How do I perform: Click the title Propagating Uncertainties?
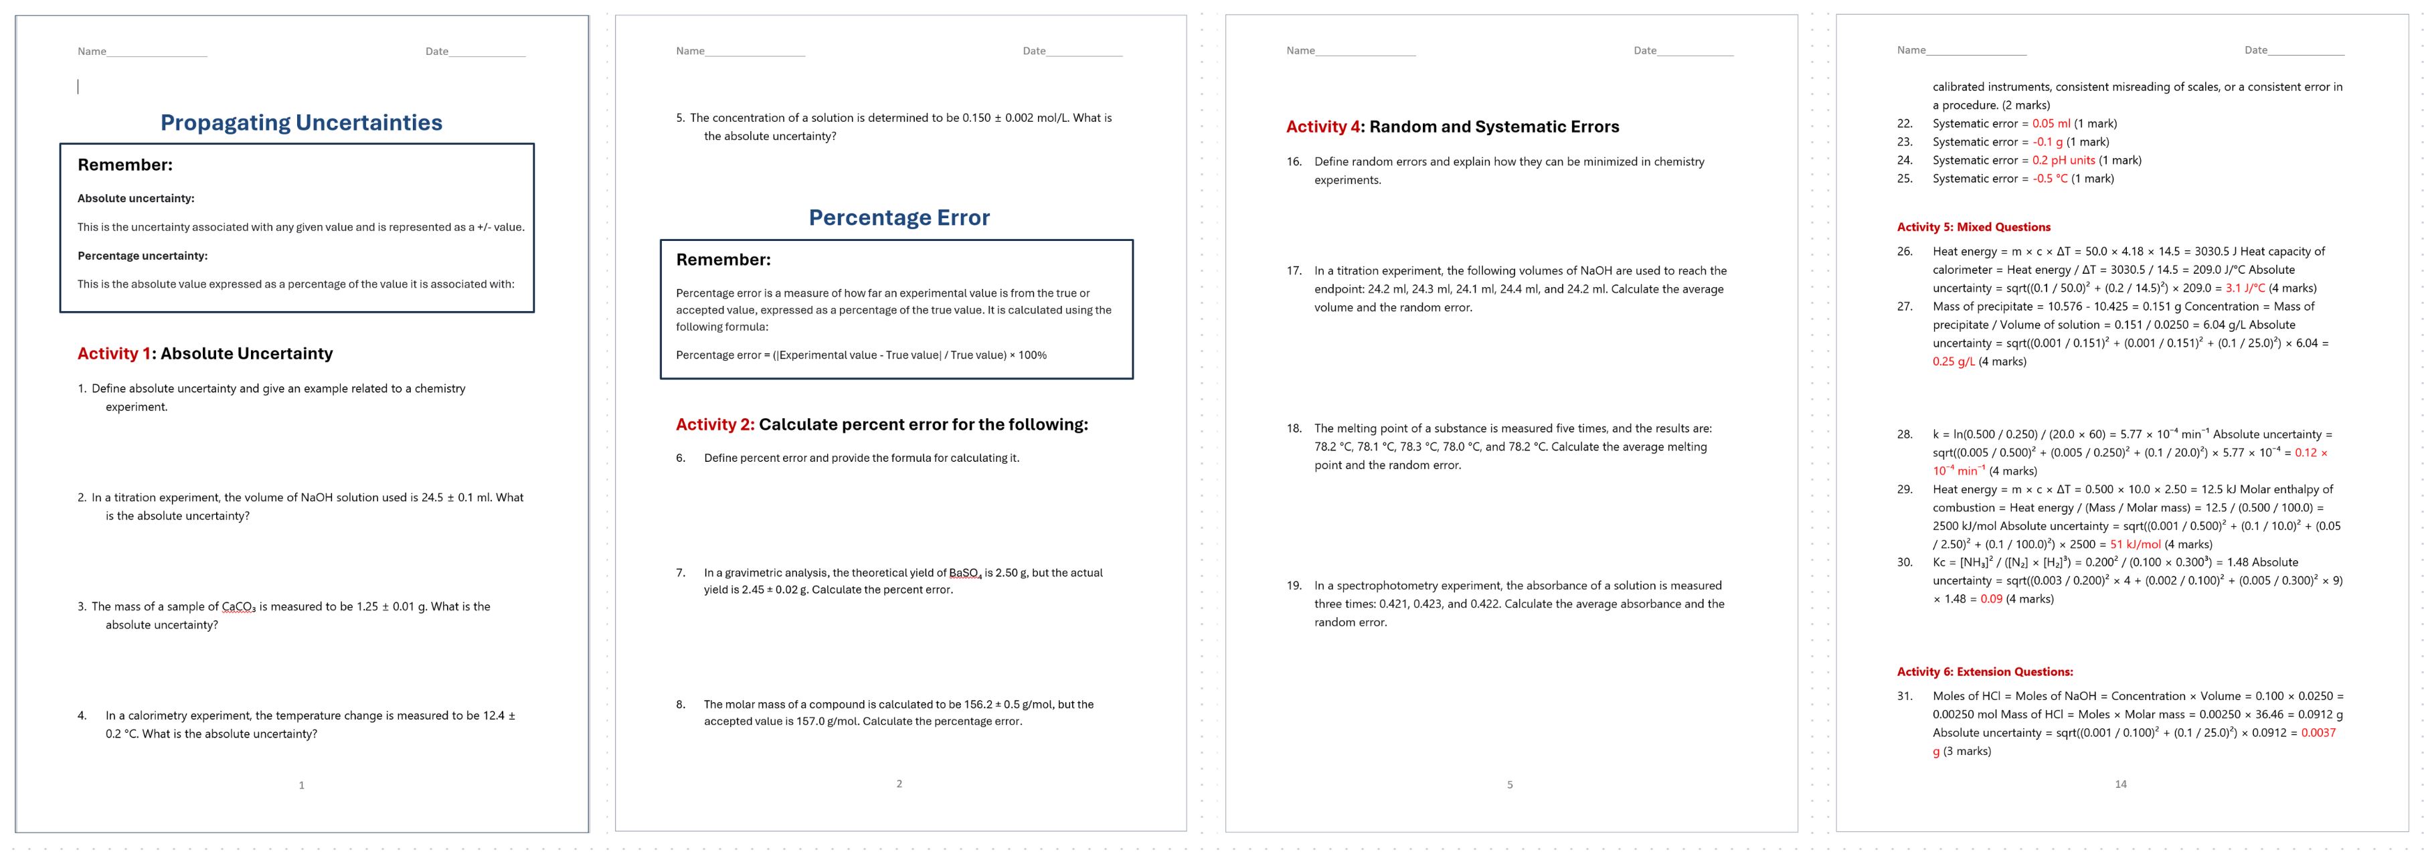coord(301,122)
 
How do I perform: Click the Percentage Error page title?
coord(899,218)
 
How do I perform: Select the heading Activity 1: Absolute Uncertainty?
coord(205,353)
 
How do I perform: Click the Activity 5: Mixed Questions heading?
coord(1973,227)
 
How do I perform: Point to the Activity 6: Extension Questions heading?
coord(1984,671)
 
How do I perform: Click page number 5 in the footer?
coord(1509,784)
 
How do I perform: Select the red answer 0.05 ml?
coord(2051,123)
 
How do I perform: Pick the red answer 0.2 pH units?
coord(2063,160)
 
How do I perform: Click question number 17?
coord(1294,270)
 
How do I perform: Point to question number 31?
coord(1905,695)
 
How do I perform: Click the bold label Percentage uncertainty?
coord(142,255)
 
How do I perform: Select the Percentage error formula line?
coord(861,355)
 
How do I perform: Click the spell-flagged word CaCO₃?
coord(238,606)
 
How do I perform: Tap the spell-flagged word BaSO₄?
coord(964,572)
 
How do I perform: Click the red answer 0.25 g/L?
coord(1954,361)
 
